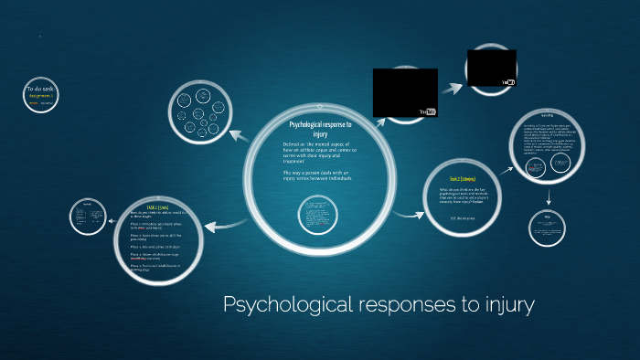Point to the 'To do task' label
[x=40, y=88]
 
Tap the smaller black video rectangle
[x=492, y=67]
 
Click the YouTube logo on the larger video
[x=427, y=111]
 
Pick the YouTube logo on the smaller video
[x=508, y=82]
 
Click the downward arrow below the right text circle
[x=549, y=196]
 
